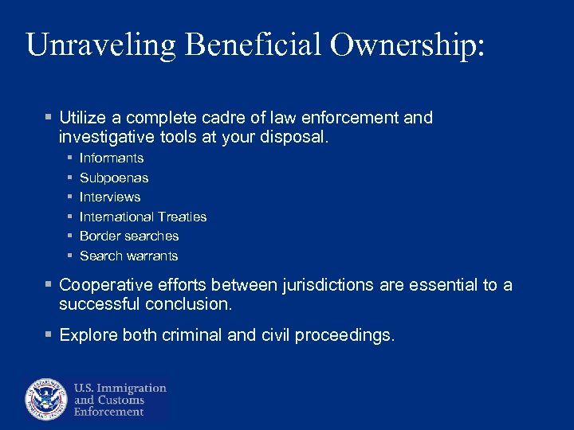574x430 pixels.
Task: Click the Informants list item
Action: tap(112, 158)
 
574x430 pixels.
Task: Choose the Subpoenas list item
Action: tap(114, 178)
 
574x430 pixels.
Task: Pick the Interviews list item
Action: tap(110, 197)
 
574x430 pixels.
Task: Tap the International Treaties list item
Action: tap(143, 217)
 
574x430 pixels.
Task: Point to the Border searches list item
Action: tap(129, 236)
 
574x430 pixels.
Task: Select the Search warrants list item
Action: tap(128, 256)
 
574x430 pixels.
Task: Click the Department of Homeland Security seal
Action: tap(46, 399)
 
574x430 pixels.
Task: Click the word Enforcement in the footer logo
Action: tap(109, 412)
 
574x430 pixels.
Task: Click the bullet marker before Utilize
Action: tap(49, 118)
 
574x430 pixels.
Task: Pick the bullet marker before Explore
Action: tap(49, 335)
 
